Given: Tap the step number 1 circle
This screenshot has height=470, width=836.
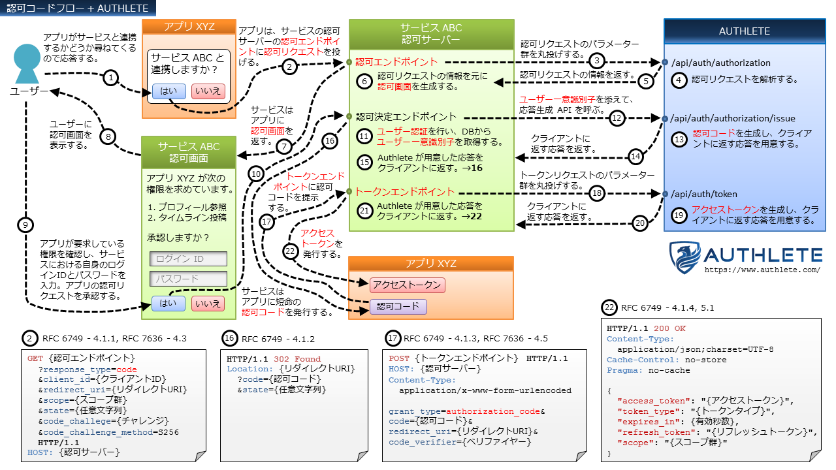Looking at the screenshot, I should click(111, 78).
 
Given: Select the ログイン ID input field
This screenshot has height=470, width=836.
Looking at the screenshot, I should click(188, 258).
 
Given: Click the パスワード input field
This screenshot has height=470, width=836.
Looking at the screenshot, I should click(188, 279).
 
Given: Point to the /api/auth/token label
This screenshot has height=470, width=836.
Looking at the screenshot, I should click(705, 194).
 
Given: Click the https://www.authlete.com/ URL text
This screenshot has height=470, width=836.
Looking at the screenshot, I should click(763, 269).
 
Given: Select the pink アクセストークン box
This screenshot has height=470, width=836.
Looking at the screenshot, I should click(407, 285).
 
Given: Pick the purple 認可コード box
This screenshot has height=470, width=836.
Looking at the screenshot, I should click(398, 306).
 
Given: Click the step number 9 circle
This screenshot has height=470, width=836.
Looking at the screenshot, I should click(25, 225).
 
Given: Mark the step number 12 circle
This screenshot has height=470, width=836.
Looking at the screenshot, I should click(617, 118).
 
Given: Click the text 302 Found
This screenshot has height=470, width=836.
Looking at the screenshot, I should click(297, 359).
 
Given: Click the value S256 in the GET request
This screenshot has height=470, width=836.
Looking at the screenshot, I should click(167, 432).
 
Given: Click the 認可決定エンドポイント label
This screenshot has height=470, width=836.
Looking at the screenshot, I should click(406, 117).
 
